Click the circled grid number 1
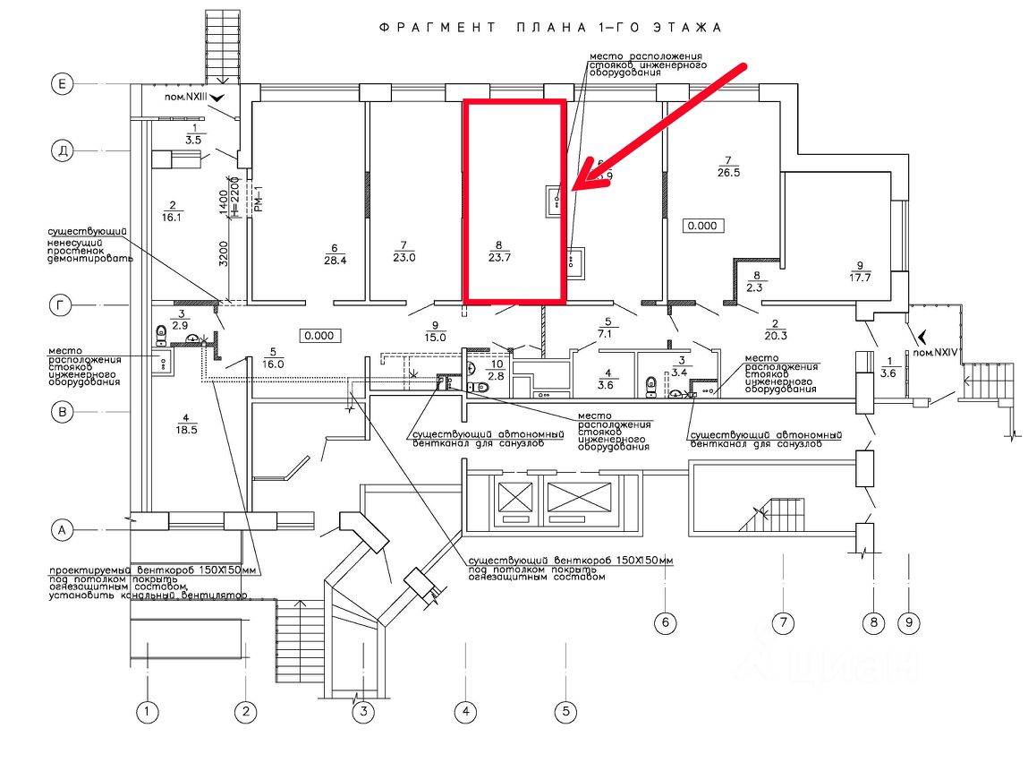pos(147,713)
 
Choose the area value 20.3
pos(775,336)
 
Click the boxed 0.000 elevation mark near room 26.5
pos(704,226)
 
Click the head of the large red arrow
pos(576,186)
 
